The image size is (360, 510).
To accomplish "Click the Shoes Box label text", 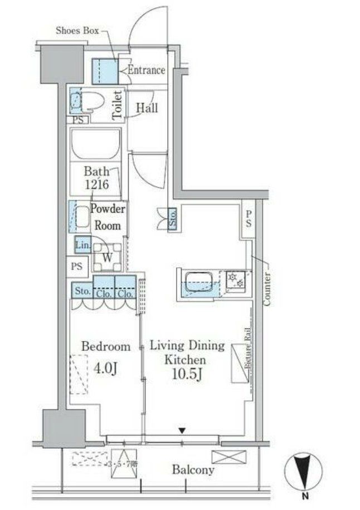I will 77,31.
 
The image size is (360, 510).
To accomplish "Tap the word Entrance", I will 146,70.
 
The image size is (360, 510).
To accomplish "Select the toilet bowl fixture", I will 93,101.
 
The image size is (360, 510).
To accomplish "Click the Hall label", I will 147,107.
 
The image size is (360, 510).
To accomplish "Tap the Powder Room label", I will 108,217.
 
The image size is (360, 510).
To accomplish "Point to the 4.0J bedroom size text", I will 105,369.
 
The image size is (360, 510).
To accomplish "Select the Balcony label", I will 193,470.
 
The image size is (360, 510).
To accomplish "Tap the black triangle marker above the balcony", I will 182,430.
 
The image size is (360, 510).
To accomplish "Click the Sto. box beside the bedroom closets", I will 81,291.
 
